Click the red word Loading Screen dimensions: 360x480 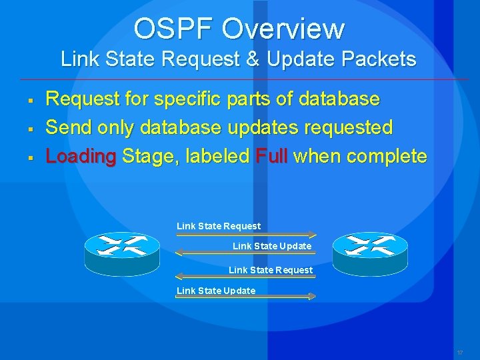coord(80,157)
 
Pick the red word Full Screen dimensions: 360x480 coord(271,157)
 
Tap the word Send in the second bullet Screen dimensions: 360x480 coord(68,127)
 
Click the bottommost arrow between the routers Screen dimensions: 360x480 coord(245,298)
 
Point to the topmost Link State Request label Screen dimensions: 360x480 coord(219,226)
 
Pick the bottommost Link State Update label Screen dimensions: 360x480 coord(216,291)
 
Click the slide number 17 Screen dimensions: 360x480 coord(460,352)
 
